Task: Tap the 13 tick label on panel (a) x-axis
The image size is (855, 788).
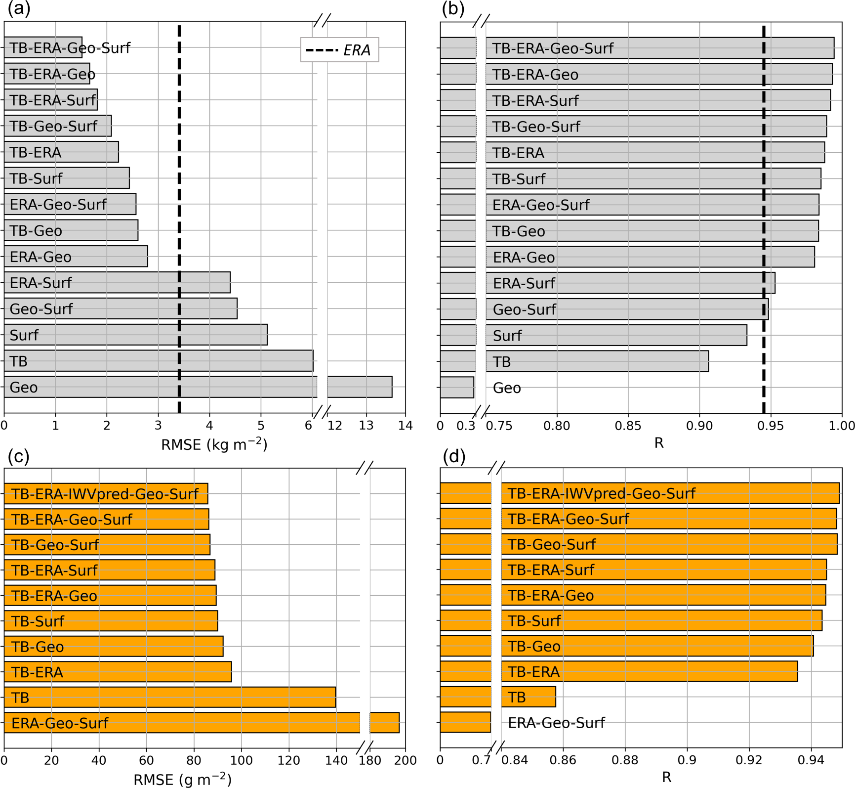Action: click(366, 426)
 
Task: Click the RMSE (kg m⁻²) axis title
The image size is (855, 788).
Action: click(214, 444)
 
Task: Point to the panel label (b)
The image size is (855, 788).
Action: click(453, 9)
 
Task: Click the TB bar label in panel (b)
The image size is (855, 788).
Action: click(501, 362)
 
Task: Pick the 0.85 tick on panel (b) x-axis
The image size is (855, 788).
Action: click(628, 426)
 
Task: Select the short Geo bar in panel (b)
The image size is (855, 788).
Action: click(457, 388)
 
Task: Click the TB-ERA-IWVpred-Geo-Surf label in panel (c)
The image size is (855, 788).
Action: click(105, 494)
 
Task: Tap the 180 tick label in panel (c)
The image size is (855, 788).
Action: click(369, 760)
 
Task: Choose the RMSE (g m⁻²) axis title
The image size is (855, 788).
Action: click(182, 780)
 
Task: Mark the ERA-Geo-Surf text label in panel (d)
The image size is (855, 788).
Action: click(556, 723)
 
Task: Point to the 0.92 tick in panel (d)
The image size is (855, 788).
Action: click(749, 760)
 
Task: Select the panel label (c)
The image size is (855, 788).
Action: click(19, 456)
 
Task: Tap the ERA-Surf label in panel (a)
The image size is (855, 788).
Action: click(41, 283)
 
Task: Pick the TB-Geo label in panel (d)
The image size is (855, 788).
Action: click(534, 646)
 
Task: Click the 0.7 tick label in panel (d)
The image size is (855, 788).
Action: click(481, 760)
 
